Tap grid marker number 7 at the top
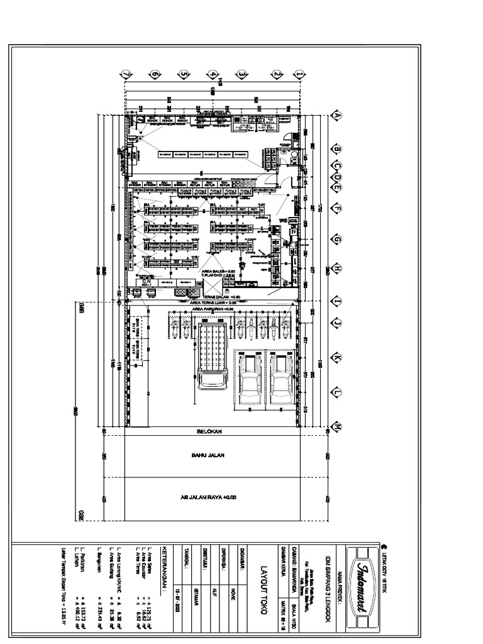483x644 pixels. click(x=126, y=74)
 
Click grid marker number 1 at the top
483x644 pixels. click(x=300, y=74)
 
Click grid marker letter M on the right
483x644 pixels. click(x=336, y=427)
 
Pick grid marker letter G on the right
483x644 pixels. click(x=336, y=240)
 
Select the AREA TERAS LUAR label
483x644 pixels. click(x=211, y=303)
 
